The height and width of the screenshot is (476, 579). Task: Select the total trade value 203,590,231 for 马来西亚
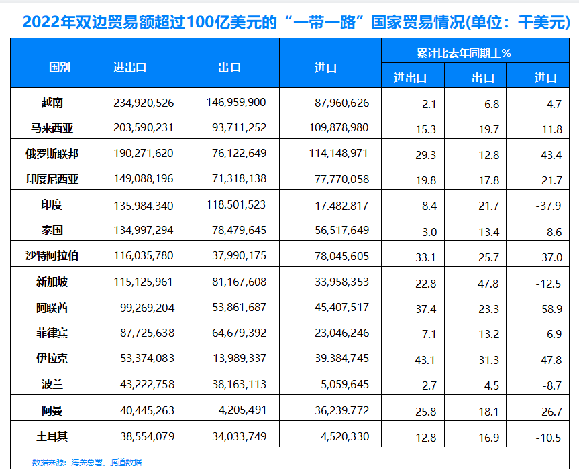click(x=144, y=128)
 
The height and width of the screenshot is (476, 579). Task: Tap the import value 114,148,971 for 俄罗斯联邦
click(x=341, y=154)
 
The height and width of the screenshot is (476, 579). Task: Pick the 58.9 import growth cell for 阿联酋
click(x=550, y=308)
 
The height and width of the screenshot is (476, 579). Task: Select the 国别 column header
click(x=59, y=68)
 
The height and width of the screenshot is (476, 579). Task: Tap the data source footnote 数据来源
click(x=87, y=462)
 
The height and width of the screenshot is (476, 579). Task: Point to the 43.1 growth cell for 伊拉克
click(x=426, y=359)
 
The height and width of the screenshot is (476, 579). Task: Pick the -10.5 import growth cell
click(x=547, y=438)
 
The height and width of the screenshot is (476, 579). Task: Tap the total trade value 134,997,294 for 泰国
click(x=144, y=230)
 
